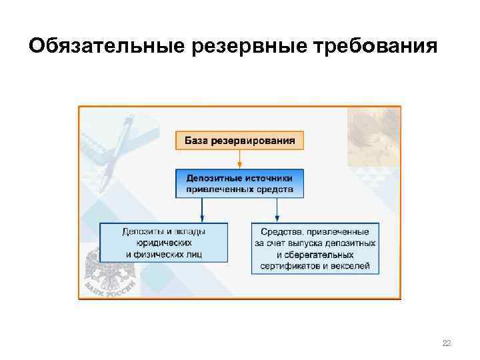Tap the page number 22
pos(447,343)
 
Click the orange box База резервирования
pos(239,141)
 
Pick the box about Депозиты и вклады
pos(163,243)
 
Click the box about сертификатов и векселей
pos(315,248)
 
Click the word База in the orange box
pos(197,141)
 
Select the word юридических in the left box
pos(163,243)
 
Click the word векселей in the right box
pos(349,265)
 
